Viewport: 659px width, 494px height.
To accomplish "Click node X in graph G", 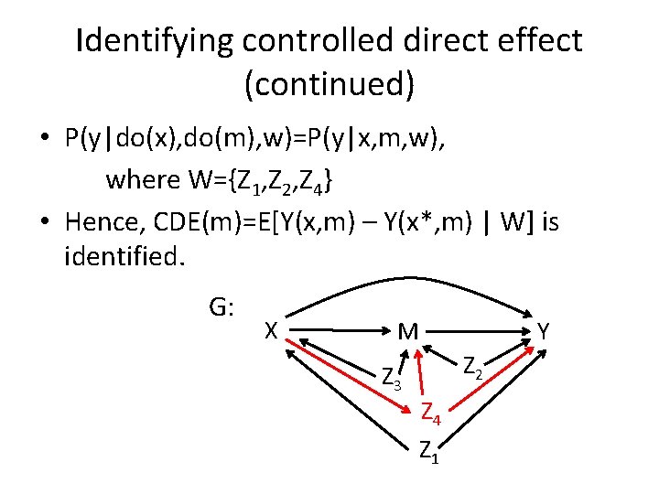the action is (x=270, y=329).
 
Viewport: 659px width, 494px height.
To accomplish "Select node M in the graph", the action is (x=408, y=331).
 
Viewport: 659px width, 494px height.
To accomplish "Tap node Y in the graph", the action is (x=543, y=331).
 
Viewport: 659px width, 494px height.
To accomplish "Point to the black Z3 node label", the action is (x=391, y=375).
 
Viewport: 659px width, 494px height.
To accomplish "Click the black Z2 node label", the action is (x=473, y=368).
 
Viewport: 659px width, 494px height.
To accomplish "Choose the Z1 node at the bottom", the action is (x=428, y=450).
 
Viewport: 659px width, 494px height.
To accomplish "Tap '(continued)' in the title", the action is (x=329, y=84).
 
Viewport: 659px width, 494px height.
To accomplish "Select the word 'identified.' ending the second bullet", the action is (x=125, y=256).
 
